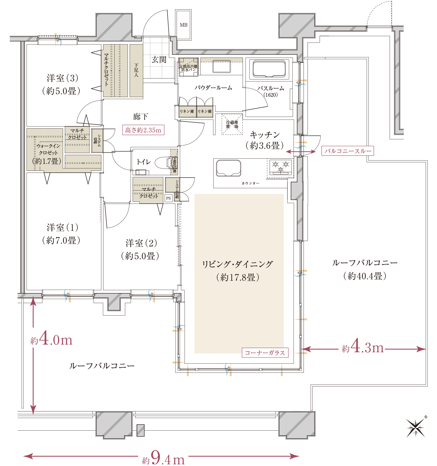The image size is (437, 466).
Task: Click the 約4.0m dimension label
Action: point(50,338)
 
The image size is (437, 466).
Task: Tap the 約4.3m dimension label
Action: point(361,345)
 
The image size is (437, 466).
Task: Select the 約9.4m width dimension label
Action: point(163,457)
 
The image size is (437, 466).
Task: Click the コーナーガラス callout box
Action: point(265,353)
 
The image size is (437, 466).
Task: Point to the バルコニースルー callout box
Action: point(347,151)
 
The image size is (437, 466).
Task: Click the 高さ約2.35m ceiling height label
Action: point(143,130)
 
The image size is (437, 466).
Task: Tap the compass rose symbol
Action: point(416,428)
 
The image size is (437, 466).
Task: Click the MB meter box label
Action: point(183,25)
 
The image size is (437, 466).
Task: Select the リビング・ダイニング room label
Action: point(237,264)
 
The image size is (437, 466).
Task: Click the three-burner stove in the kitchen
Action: point(280,167)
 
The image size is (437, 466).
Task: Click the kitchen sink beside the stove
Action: point(228,168)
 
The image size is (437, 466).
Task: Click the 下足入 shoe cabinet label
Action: point(136,70)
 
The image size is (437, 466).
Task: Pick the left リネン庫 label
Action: point(187,112)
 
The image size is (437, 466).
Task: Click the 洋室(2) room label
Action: point(141,243)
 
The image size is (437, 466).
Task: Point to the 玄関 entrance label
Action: point(159,60)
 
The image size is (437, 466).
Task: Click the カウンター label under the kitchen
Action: point(250,183)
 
